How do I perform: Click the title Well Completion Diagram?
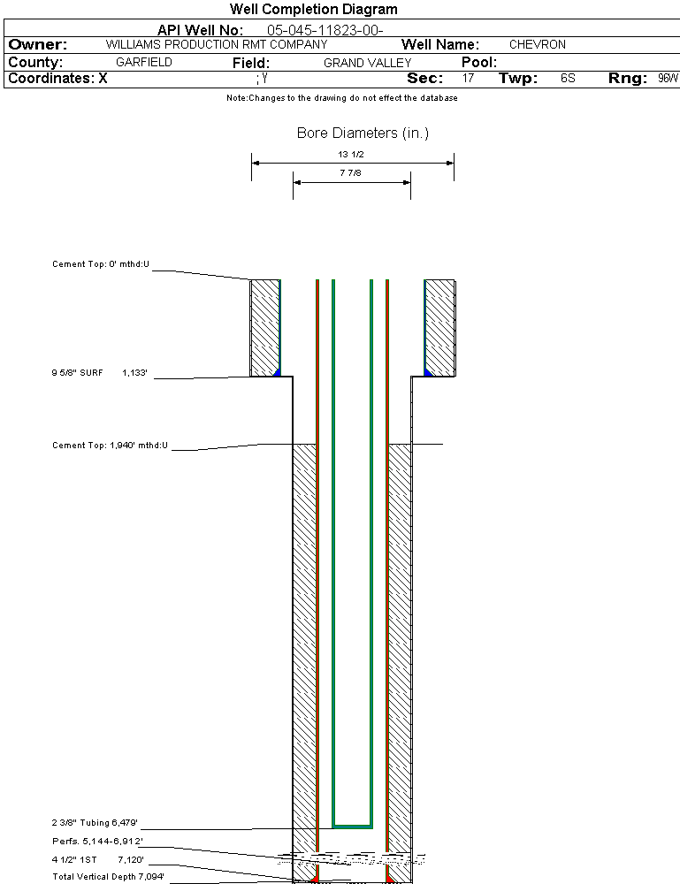click(313, 10)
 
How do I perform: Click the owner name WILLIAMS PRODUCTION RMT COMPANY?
click(216, 44)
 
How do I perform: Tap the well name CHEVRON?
click(537, 44)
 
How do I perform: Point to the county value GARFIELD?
click(143, 63)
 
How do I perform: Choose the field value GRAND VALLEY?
click(367, 63)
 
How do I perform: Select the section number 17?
click(468, 79)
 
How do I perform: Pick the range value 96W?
click(668, 79)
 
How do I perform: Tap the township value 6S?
click(568, 79)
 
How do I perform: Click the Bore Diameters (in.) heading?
click(363, 133)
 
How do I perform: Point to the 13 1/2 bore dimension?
click(351, 154)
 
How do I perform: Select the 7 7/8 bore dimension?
click(351, 174)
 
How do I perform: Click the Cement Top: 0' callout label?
click(101, 264)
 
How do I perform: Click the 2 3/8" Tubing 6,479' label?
click(95, 823)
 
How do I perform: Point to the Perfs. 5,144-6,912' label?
click(97, 841)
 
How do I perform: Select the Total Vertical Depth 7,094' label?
click(108, 877)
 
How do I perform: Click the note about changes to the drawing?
click(341, 98)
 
